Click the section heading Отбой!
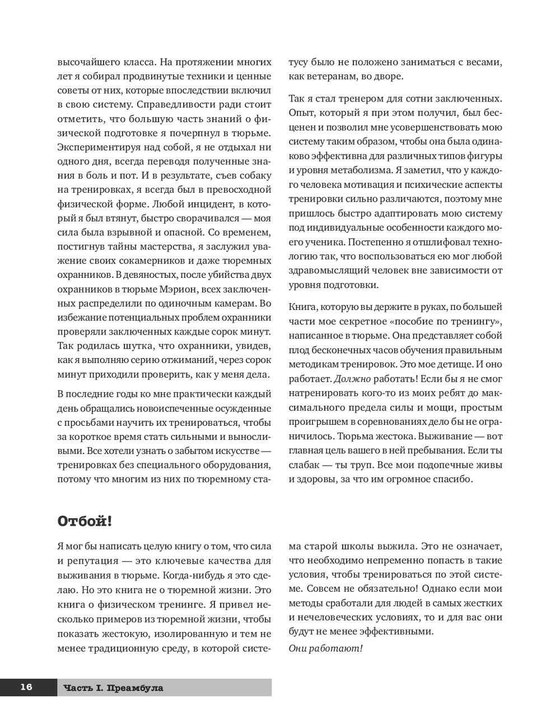(x=85, y=521)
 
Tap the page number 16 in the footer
(x=26, y=687)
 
